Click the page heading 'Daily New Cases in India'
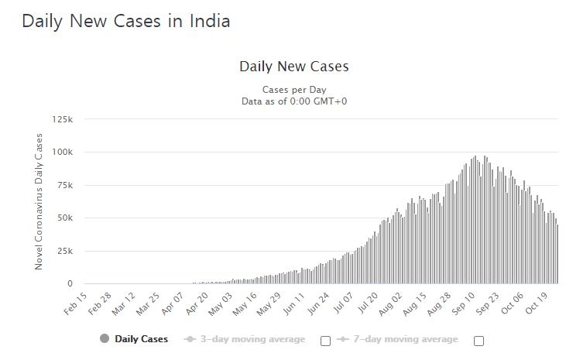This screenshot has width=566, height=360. (125, 21)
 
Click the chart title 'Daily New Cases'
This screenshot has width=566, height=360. (294, 67)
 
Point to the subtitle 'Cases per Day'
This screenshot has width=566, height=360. (294, 90)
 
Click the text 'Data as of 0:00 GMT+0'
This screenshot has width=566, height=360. (294, 101)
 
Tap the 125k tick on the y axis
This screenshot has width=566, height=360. (63, 119)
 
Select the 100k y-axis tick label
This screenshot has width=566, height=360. (63, 153)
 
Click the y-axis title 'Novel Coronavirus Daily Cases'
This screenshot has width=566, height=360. (39, 201)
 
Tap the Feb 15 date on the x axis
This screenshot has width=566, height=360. (75, 303)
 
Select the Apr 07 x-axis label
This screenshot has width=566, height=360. (174, 303)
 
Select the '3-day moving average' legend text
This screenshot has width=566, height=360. (252, 339)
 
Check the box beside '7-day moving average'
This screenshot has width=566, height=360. (479, 341)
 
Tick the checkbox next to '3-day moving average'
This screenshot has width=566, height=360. (325, 341)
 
